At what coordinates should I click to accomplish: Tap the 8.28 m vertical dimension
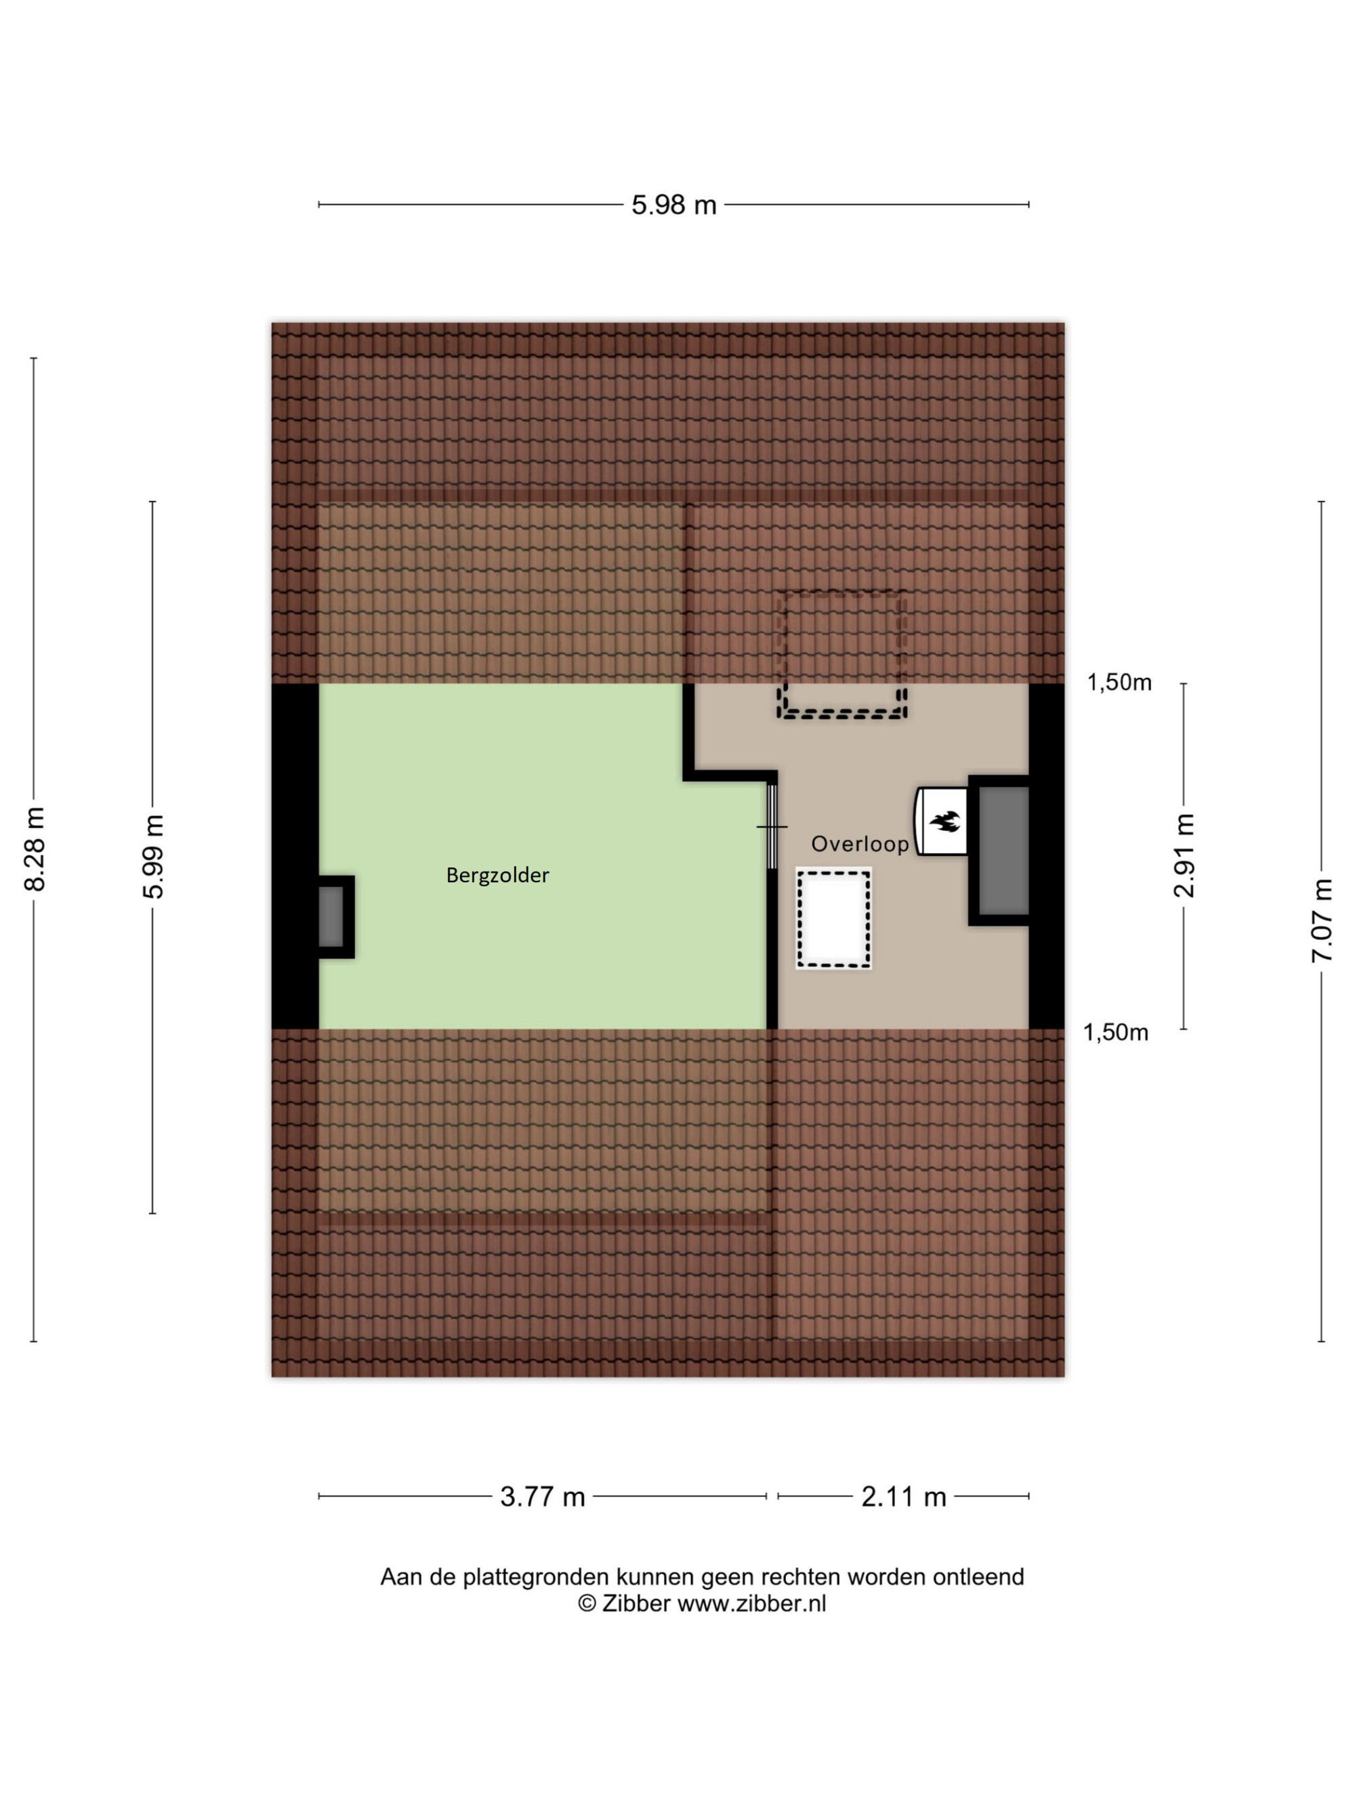[35, 849]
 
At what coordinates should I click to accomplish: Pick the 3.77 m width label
[542, 1497]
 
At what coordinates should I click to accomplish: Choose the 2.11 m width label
[903, 1497]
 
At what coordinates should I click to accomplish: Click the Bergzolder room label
[497, 876]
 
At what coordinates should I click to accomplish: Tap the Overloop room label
[859, 843]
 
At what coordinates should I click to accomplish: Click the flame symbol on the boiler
[945, 821]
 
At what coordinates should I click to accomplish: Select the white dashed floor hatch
[834, 918]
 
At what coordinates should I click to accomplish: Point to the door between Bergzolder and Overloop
[772, 826]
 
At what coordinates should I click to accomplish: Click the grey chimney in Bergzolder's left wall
[331, 917]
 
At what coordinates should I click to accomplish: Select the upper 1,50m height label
[1119, 683]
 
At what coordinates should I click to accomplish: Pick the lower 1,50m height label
[1116, 1033]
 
